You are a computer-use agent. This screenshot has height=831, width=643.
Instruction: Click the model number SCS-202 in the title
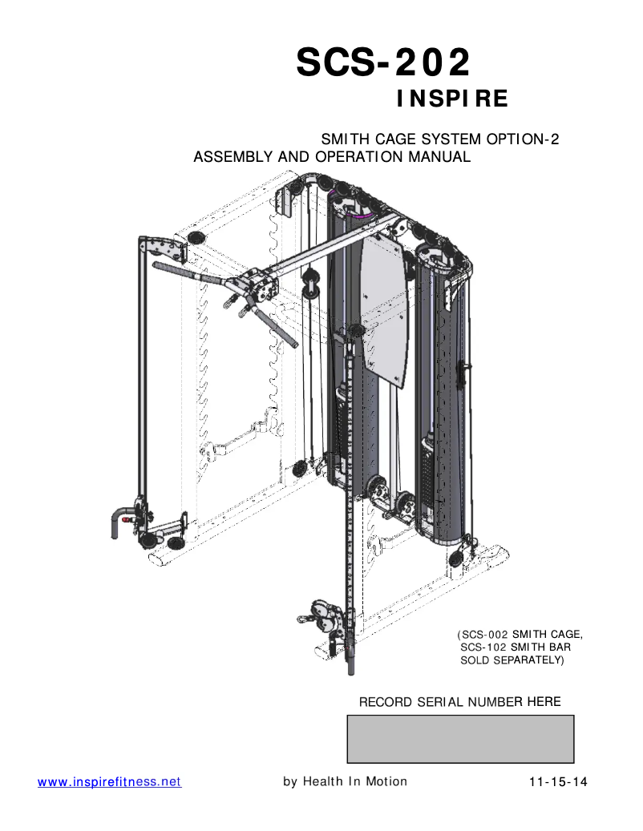coord(383,62)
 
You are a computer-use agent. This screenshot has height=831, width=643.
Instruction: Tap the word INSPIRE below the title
coord(453,99)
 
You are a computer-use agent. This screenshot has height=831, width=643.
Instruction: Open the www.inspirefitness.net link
coord(110,781)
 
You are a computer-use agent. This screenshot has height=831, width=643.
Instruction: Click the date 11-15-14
coord(558,781)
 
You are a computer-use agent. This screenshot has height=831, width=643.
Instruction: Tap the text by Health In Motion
coord(345,781)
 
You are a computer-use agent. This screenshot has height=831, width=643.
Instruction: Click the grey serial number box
coord(460,739)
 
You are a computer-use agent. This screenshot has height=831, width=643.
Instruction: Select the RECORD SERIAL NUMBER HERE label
coord(459,702)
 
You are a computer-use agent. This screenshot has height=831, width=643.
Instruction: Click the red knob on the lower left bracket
coord(127,518)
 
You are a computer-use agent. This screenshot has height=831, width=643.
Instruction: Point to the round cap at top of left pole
coord(194,236)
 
